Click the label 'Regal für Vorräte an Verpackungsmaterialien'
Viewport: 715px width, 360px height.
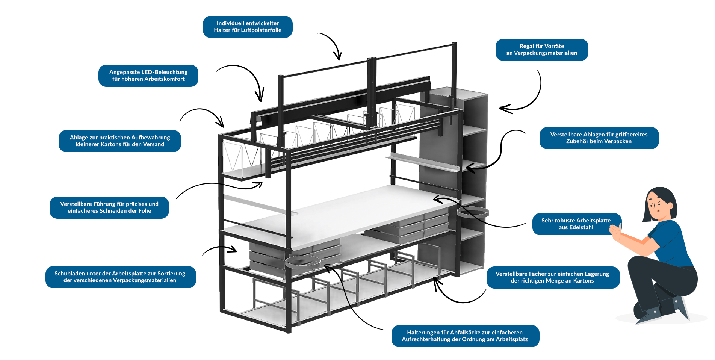click(x=541, y=50)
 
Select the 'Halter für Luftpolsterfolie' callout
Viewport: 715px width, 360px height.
click(x=248, y=27)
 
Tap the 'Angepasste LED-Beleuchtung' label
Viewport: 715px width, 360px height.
click(x=148, y=76)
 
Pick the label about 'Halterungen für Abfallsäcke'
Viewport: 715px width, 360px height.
click(x=465, y=336)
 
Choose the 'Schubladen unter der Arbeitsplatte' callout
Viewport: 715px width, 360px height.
click(x=120, y=277)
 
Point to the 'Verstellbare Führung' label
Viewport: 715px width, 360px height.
click(x=109, y=207)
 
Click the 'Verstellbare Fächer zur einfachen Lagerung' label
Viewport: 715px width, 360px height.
click(x=552, y=277)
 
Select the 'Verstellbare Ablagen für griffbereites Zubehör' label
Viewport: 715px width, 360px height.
click(x=599, y=138)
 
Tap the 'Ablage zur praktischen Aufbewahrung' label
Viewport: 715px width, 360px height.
click(x=120, y=141)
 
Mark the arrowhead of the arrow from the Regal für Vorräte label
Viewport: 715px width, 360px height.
click(x=502, y=109)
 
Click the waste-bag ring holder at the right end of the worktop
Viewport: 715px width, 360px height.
click(x=473, y=213)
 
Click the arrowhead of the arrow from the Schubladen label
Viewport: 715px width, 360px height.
click(x=235, y=250)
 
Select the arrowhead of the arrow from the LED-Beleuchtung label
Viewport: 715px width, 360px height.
click(x=260, y=99)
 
